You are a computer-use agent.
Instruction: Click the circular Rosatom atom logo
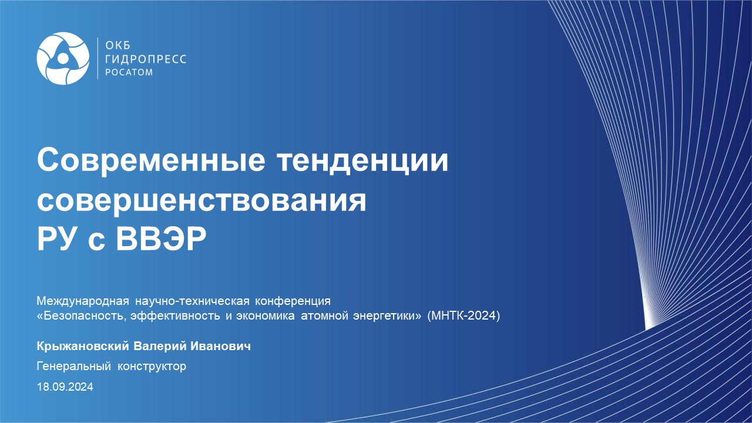click(63, 58)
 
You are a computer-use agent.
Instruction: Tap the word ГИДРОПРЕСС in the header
click(146, 59)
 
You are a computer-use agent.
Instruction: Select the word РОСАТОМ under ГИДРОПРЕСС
click(129, 72)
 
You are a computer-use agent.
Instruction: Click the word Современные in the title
click(151, 160)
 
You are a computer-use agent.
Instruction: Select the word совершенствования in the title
click(202, 201)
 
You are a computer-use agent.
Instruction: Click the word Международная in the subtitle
click(83, 301)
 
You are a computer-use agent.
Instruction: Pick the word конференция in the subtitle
click(293, 301)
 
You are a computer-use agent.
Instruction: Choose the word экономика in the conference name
click(265, 316)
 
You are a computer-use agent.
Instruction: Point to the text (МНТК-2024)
click(464, 316)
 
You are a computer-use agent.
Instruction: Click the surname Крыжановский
click(83, 346)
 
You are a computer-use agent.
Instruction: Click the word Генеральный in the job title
click(74, 366)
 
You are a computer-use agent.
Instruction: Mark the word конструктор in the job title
click(152, 366)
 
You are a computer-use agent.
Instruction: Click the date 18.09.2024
click(65, 387)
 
